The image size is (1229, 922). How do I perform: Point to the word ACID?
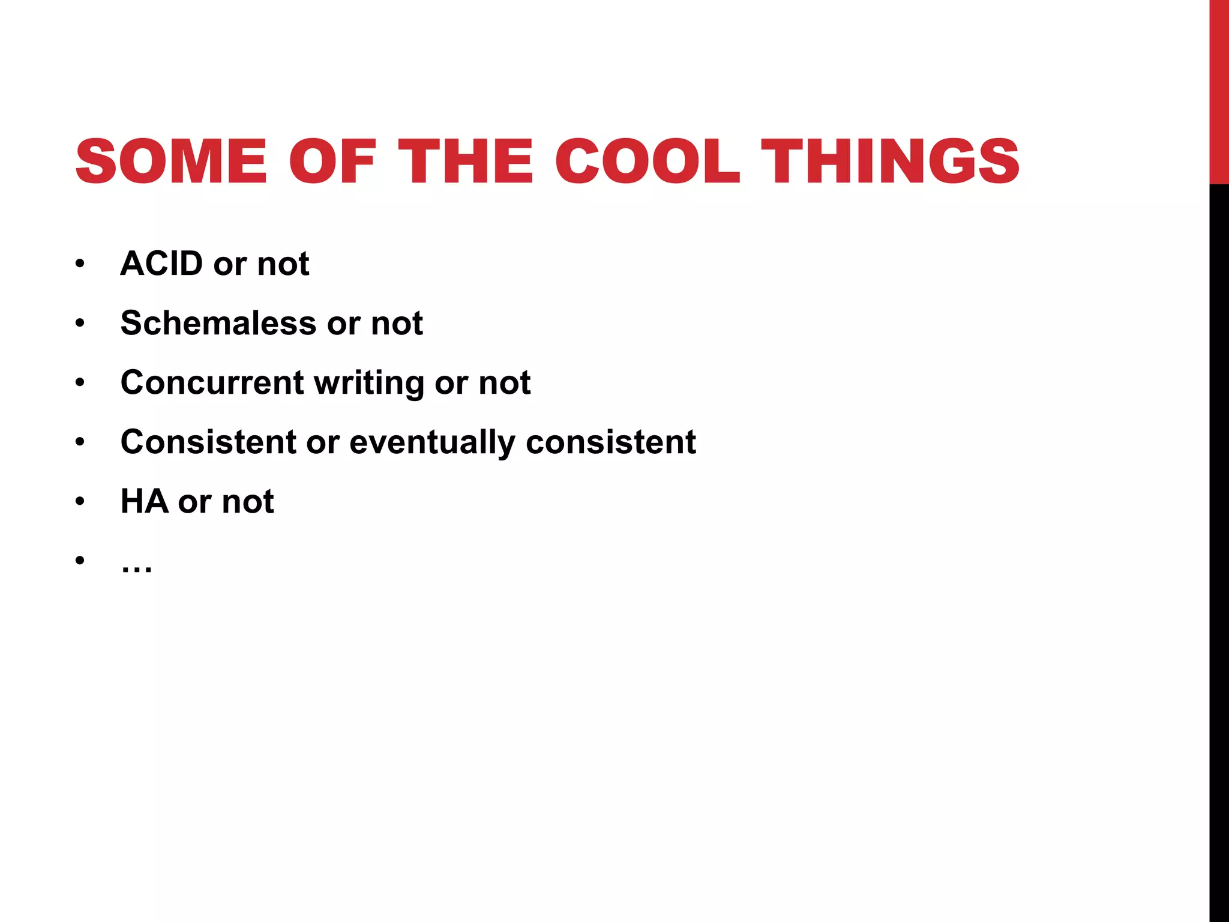[161, 264]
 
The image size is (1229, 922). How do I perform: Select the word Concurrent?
[212, 382]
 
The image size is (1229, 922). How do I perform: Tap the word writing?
[368, 384]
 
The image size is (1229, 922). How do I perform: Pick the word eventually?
[432, 443]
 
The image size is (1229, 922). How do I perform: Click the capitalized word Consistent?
[208, 442]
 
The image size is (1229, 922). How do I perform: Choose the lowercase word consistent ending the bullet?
[610, 442]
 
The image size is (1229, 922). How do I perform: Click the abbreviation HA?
[144, 501]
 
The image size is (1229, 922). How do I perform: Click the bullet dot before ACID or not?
[80, 264]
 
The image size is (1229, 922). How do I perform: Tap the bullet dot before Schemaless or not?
[80, 324]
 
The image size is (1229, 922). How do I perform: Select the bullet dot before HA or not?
[80, 502]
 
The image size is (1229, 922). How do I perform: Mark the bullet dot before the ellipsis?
[80, 561]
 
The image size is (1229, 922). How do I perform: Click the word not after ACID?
[283, 264]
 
